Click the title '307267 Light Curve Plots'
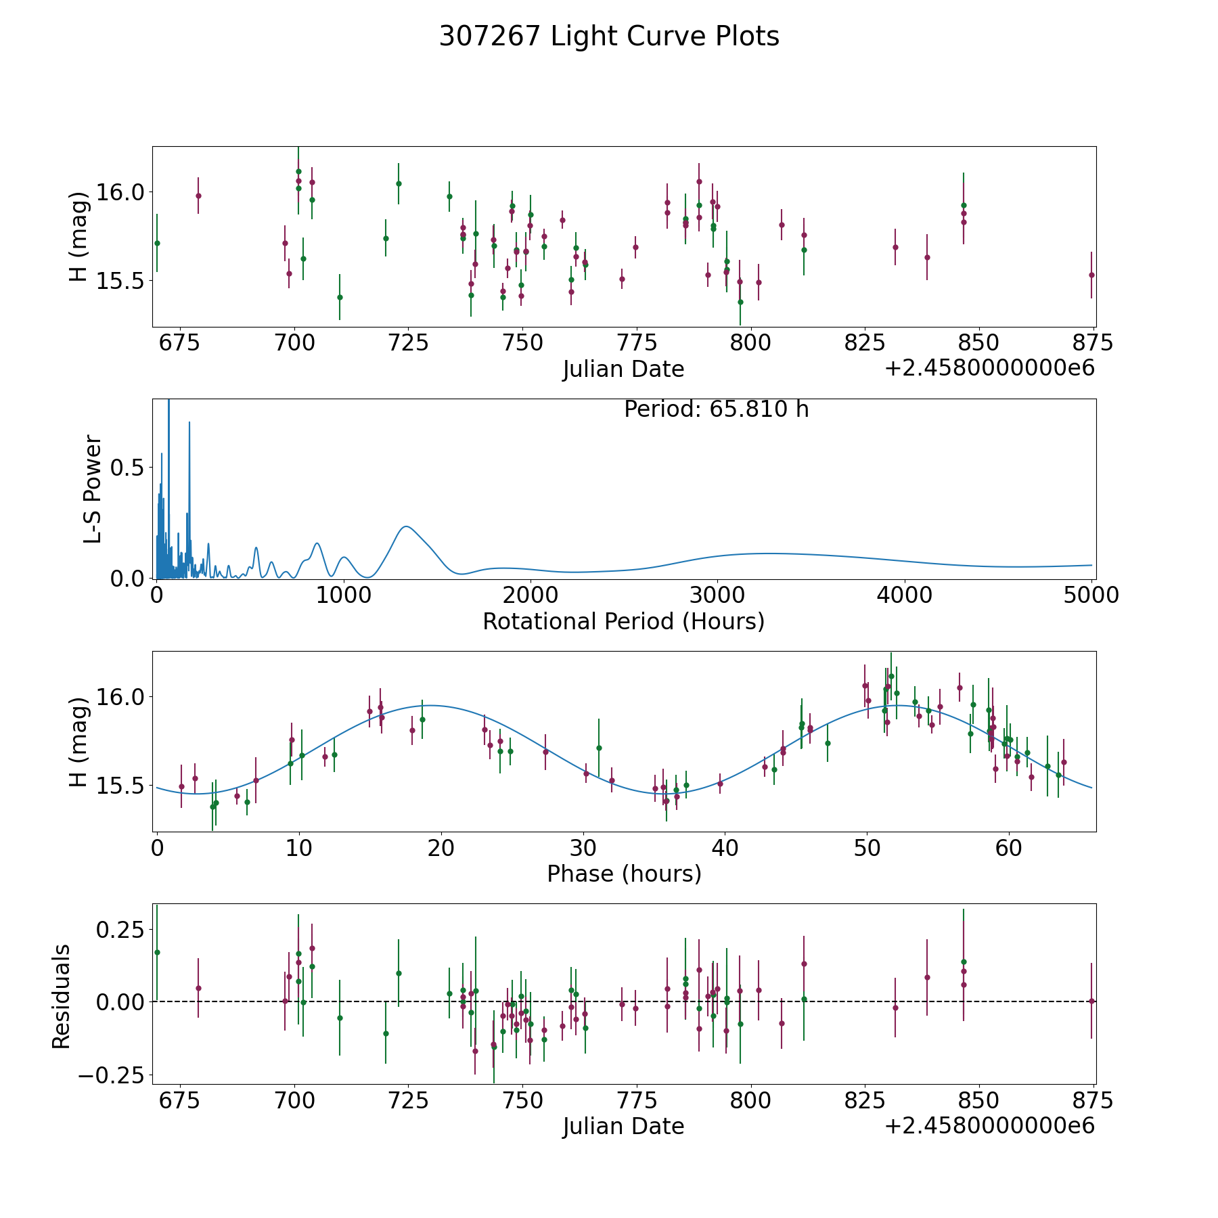tap(609, 37)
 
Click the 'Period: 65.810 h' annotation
tap(716, 409)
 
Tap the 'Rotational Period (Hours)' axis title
tap(623, 621)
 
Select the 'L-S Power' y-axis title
tap(93, 489)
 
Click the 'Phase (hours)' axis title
tap(624, 874)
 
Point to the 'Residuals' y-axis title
tap(62, 997)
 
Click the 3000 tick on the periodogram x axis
tap(717, 595)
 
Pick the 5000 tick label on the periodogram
tap(1091, 595)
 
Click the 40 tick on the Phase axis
tap(725, 847)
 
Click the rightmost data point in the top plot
tap(1091, 275)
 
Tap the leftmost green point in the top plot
tap(157, 243)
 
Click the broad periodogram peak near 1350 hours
tap(405, 526)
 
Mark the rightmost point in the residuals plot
tap(1091, 1001)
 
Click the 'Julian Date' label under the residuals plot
tap(623, 1126)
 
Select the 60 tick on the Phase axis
tap(1009, 847)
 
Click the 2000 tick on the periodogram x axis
tap(531, 595)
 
